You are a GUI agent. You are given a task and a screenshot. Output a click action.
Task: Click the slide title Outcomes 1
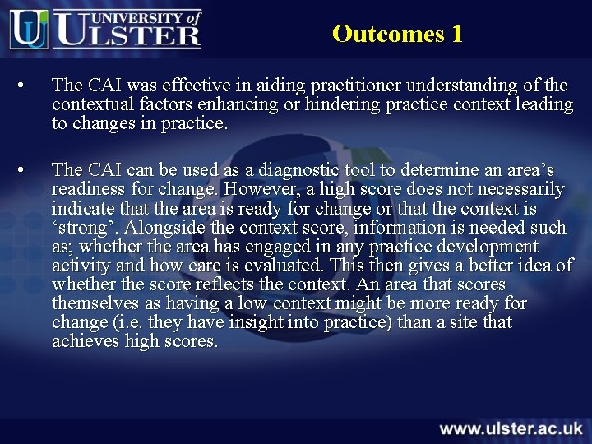click(x=397, y=34)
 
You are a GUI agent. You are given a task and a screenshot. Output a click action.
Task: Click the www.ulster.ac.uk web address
click(x=511, y=428)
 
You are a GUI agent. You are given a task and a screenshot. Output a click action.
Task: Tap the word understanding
click(x=465, y=86)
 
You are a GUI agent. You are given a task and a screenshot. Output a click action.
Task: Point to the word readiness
click(x=90, y=189)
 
